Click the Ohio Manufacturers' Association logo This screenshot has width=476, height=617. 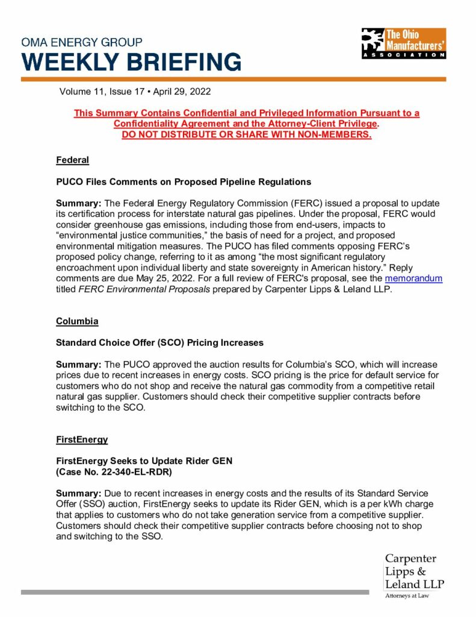coord(403,43)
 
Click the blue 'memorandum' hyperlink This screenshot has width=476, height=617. coord(413,279)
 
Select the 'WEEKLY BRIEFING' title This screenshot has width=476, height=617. coord(131,62)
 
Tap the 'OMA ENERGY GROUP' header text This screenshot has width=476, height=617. coord(82,43)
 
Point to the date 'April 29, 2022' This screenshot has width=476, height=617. coord(181,92)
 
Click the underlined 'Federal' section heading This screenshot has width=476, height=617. coord(72,160)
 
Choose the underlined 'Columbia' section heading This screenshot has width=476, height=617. coord(77,321)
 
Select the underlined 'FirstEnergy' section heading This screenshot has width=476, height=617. coord(81,439)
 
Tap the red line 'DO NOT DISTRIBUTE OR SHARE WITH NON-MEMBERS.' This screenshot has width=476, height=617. coord(246,134)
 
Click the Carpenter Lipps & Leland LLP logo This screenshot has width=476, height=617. coord(414,571)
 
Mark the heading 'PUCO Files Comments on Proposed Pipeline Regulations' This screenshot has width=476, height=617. coord(183,181)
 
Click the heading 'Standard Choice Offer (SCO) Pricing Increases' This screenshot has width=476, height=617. coord(159,343)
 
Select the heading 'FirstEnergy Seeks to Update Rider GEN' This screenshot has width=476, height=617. coord(144,461)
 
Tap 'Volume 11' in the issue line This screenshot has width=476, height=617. coord(81,92)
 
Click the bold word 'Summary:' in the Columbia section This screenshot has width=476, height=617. coord(78,365)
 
